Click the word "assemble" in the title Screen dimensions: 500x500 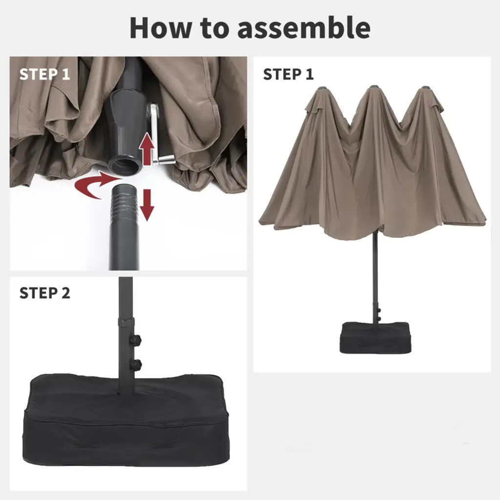point(304,27)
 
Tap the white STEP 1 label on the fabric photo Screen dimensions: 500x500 point(44,74)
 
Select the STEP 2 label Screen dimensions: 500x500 point(44,293)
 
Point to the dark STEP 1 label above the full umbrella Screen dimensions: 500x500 point(288,74)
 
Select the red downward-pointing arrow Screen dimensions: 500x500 point(147,205)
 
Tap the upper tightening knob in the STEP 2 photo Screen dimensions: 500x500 point(136,339)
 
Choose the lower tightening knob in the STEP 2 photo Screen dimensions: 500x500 point(136,363)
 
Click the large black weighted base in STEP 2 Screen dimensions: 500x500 point(126,421)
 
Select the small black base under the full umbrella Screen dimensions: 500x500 point(375,338)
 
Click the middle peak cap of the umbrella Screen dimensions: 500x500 point(373,87)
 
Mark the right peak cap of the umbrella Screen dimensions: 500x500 point(425,88)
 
